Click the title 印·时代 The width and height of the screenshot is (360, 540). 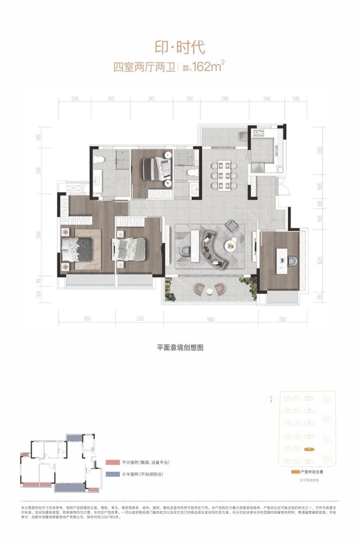click(x=180, y=47)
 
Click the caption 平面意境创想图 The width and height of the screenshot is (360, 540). click(x=180, y=347)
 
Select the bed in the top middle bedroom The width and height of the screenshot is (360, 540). click(x=158, y=168)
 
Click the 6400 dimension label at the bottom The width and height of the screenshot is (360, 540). click(x=210, y=319)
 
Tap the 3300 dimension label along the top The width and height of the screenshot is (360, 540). click(x=225, y=99)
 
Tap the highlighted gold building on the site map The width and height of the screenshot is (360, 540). click(x=309, y=449)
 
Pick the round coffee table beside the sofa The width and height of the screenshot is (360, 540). click(x=233, y=246)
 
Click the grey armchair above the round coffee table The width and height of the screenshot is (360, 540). click(x=233, y=225)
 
